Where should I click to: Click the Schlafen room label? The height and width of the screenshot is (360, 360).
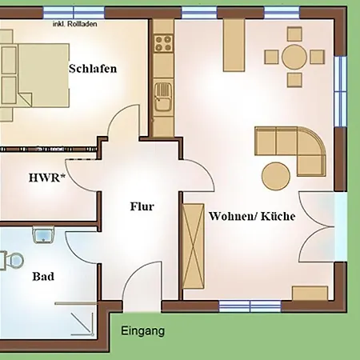click(93, 69)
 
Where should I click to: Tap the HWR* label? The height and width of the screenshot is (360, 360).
click(47, 178)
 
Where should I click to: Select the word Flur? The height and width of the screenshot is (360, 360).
click(142, 206)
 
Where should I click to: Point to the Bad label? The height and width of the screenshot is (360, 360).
click(43, 276)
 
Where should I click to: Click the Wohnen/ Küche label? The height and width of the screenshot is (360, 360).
click(252, 216)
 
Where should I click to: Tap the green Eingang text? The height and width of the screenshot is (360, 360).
click(142, 331)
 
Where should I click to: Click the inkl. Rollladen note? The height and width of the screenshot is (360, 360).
click(74, 24)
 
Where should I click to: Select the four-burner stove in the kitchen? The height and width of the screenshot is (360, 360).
click(163, 43)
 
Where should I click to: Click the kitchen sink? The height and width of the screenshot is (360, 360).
click(163, 96)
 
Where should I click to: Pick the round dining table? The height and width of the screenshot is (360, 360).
click(294, 57)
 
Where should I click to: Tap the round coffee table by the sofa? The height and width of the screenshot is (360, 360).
click(276, 176)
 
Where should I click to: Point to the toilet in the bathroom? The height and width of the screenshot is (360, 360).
click(12, 261)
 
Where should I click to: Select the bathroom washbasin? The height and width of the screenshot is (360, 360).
click(43, 235)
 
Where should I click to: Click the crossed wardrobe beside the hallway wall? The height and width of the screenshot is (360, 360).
click(194, 246)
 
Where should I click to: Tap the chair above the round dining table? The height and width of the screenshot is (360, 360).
click(294, 34)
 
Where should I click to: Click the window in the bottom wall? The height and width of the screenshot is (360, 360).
click(250, 306)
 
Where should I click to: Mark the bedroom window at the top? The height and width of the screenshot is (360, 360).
click(74, 13)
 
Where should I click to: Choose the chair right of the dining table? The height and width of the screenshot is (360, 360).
click(318, 57)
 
